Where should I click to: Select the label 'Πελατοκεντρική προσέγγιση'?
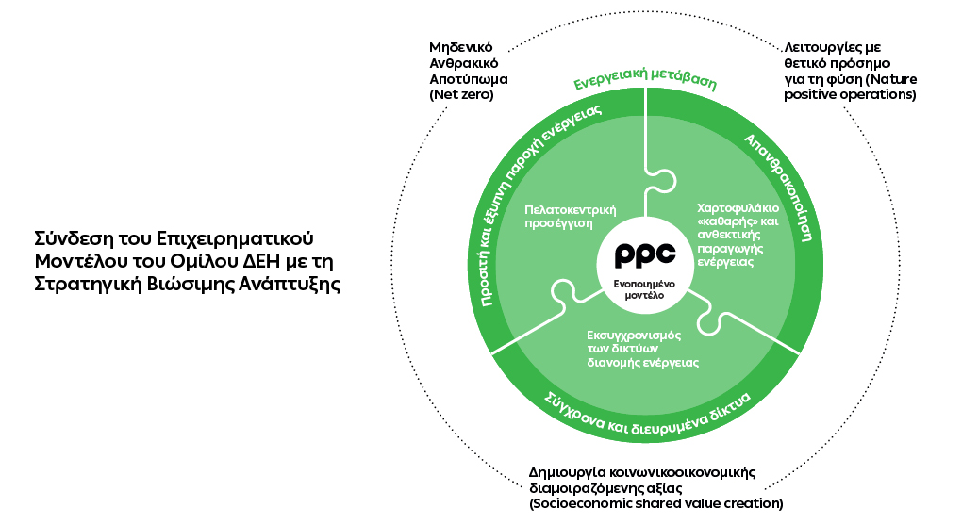pos(564,217)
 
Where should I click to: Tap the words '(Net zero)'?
pos(461,95)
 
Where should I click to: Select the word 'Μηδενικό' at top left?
pos(461,46)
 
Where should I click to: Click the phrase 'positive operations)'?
pos(850,95)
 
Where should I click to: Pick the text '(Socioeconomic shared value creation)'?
pos(655,504)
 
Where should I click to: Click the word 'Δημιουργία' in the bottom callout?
pos(565,472)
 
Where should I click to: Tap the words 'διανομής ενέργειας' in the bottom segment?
pos(637,361)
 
